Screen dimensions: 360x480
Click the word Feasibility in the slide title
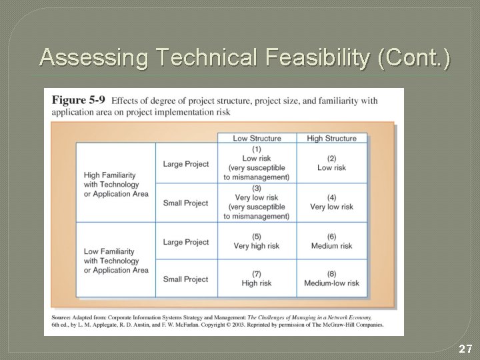[x=311, y=58]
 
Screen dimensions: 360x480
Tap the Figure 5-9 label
[x=78, y=101]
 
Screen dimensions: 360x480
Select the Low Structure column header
[x=257, y=138]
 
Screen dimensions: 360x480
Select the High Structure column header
[x=331, y=138]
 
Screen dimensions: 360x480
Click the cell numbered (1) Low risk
[x=257, y=163]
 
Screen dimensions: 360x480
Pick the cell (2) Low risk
[x=331, y=163]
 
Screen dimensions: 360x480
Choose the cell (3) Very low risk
[x=257, y=202]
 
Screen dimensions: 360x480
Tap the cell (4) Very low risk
[x=331, y=202]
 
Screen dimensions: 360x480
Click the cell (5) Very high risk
[x=257, y=241]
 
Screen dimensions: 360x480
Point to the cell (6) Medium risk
[x=331, y=241]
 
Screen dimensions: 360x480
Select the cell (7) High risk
[x=257, y=279]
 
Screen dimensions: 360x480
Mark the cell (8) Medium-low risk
[x=331, y=279]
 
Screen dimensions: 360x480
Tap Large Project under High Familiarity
[x=186, y=164]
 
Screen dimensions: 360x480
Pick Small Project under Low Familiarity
[x=186, y=279]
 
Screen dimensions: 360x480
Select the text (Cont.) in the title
[x=413, y=58]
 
